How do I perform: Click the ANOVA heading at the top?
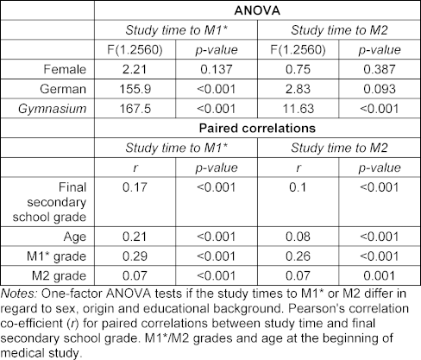(257, 10)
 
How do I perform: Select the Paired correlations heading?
(257, 128)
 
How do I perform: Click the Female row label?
(65, 69)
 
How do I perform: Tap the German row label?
(63, 89)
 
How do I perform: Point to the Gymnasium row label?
(53, 109)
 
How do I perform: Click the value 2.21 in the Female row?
(135, 69)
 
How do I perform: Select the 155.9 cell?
(135, 89)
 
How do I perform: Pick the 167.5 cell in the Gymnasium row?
(135, 109)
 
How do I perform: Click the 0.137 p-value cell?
(217, 69)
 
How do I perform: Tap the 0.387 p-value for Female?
(380, 69)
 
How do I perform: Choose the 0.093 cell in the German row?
(380, 89)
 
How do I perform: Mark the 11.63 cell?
(298, 109)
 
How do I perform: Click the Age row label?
(75, 237)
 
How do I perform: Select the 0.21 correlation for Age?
(135, 237)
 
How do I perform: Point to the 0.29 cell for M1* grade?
(135, 256)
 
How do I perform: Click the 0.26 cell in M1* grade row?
(298, 256)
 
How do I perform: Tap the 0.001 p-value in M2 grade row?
(380, 275)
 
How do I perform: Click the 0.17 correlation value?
(135, 187)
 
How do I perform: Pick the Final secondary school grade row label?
(49, 202)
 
